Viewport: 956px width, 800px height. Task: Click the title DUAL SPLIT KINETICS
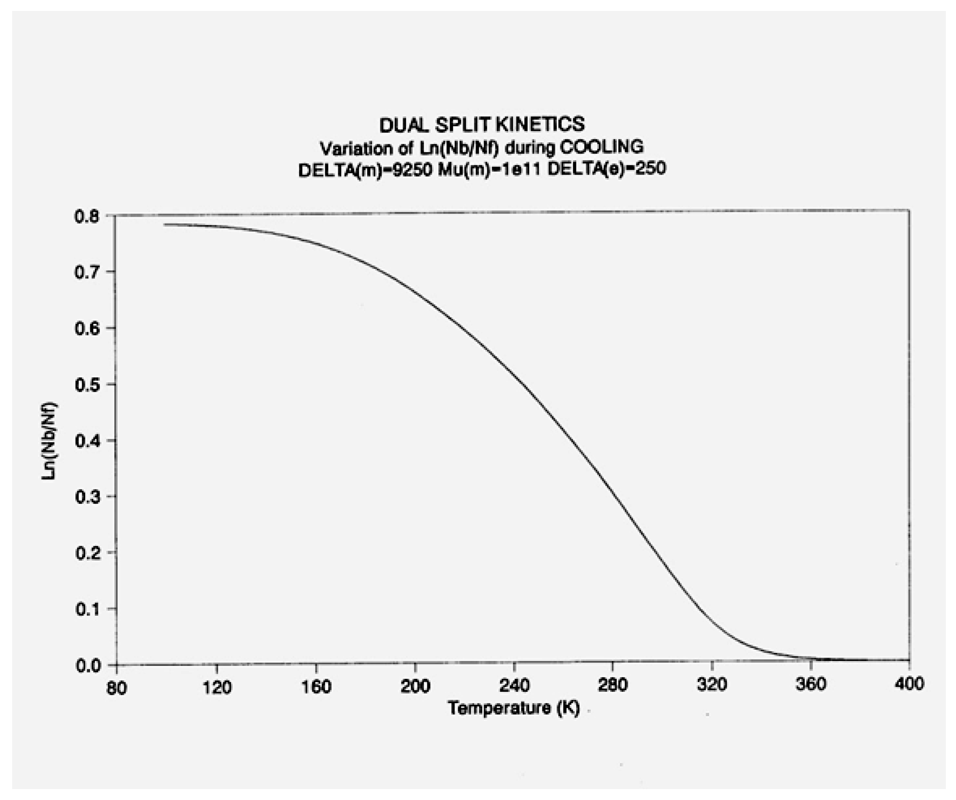(x=482, y=125)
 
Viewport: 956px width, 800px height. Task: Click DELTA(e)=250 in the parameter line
(x=607, y=169)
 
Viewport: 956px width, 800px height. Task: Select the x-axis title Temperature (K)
(x=514, y=708)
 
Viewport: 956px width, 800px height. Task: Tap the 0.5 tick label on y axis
(x=87, y=385)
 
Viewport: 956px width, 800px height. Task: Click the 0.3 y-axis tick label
(x=87, y=497)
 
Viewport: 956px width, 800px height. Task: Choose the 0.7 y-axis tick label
(x=87, y=272)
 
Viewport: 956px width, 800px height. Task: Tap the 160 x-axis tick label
(x=316, y=686)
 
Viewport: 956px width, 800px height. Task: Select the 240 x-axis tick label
(x=514, y=686)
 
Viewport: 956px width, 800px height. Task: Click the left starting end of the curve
(x=164, y=224)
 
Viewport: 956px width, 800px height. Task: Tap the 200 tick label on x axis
(x=415, y=686)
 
